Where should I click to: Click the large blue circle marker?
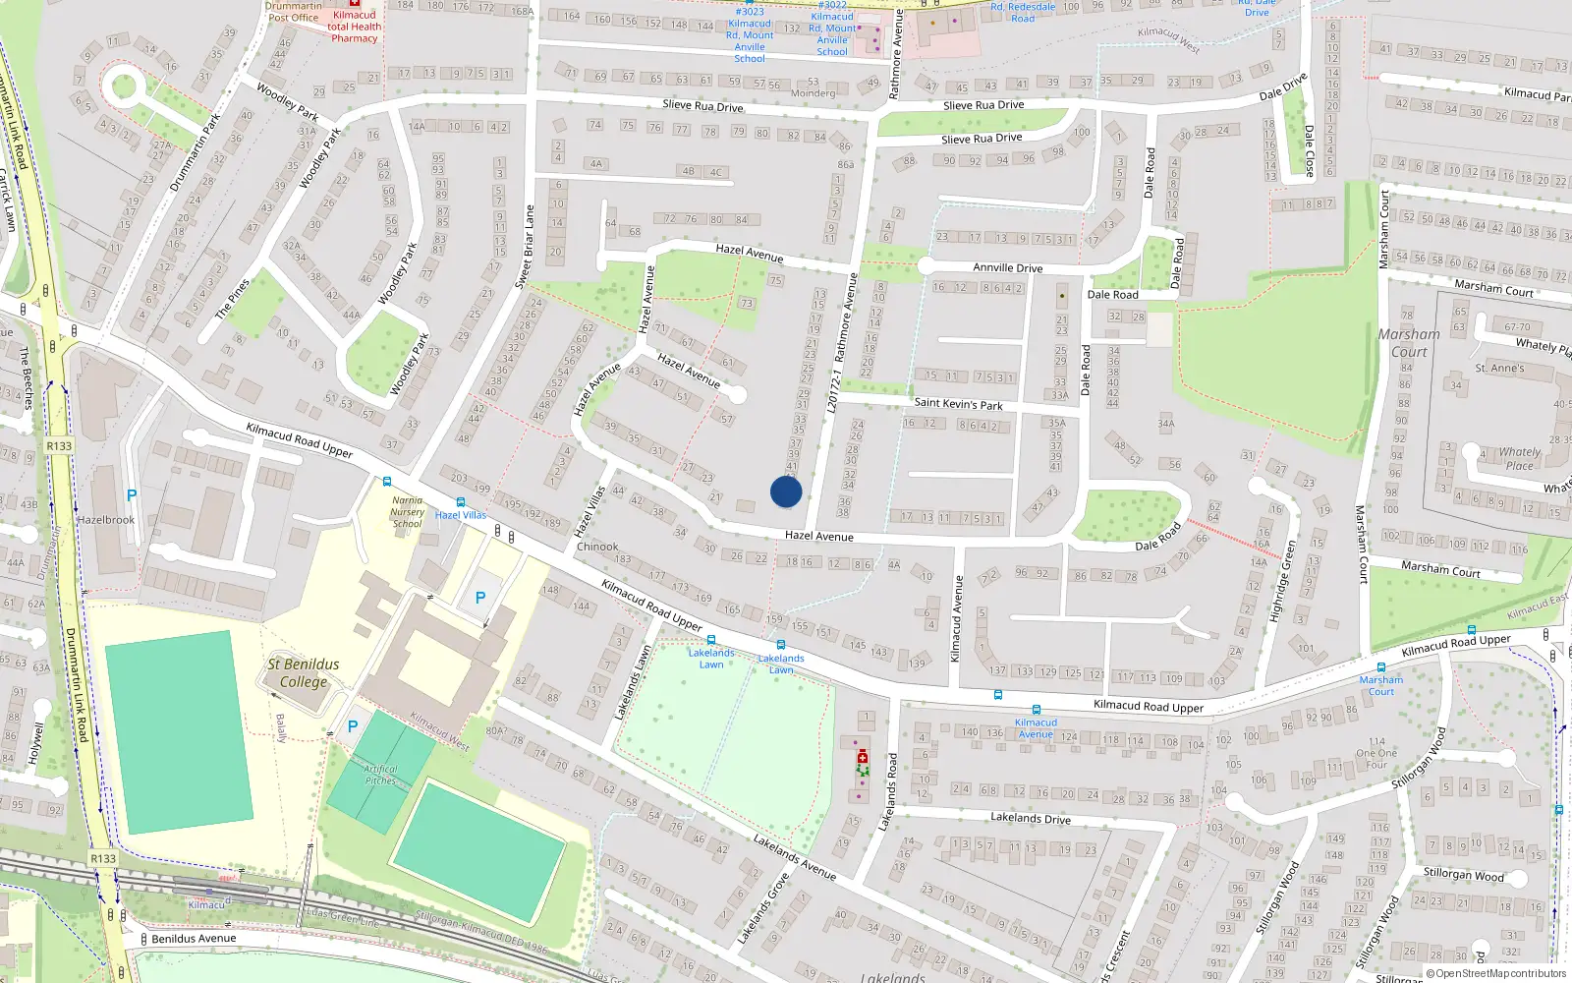click(786, 491)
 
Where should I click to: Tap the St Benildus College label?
click(304, 673)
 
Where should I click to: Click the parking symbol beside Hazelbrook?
click(132, 495)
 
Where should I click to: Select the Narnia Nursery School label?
click(407, 511)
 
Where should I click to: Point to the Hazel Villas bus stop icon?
click(460, 502)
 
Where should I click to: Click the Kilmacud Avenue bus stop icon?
click(1036, 710)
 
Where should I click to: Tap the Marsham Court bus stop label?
click(1380, 685)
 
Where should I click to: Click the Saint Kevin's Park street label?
click(958, 403)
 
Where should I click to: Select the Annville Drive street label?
click(1007, 267)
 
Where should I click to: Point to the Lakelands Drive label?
click(1030, 818)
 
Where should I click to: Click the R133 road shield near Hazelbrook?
click(59, 445)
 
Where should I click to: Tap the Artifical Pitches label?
click(380, 775)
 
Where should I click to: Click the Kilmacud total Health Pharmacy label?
click(354, 27)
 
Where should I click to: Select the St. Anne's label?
click(1499, 369)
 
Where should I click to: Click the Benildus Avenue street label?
click(194, 938)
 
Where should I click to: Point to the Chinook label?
click(597, 547)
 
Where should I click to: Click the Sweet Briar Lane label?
click(525, 247)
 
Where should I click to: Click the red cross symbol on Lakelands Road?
click(863, 757)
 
